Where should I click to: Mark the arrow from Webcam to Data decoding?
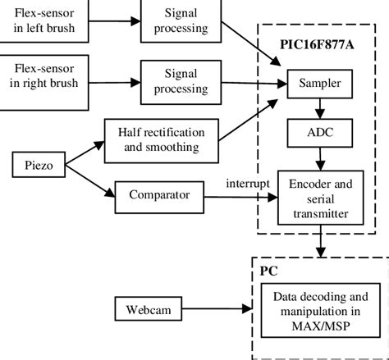pyautogui.click(x=217, y=311)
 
